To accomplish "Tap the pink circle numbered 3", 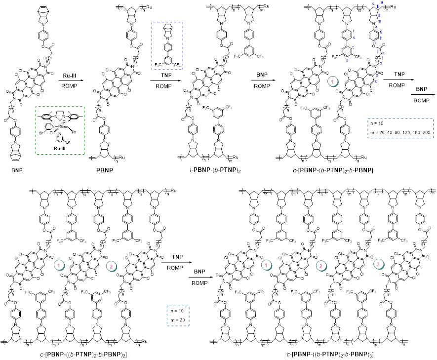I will point(379,265).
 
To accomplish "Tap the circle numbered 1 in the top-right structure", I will point(334,81).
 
